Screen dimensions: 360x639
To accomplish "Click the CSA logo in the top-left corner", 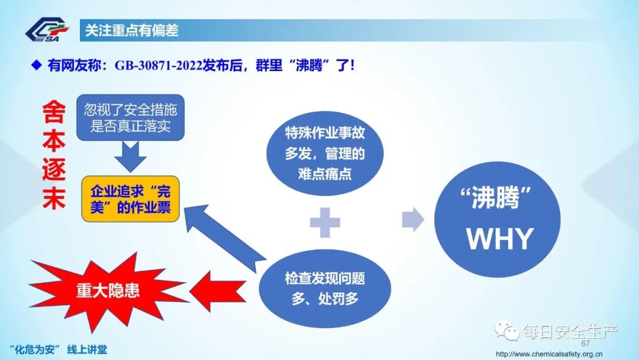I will click(47, 30).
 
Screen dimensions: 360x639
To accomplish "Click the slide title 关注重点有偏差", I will click(131, 30).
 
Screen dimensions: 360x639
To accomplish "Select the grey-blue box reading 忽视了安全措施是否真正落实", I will click(130, 118).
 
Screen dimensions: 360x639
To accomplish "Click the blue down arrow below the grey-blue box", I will click(130, 157).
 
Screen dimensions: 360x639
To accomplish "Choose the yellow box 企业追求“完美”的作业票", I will click(130, 199).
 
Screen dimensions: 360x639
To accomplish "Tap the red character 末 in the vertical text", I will click(54, 200).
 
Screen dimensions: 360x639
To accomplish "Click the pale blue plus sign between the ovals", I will click(325, 223).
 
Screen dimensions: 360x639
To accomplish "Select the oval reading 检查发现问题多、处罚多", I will click(325, 288).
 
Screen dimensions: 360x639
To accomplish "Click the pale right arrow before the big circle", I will click(412, 220).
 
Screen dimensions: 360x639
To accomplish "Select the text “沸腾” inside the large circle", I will click(496, 199).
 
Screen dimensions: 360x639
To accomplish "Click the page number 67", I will click(586, 344).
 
